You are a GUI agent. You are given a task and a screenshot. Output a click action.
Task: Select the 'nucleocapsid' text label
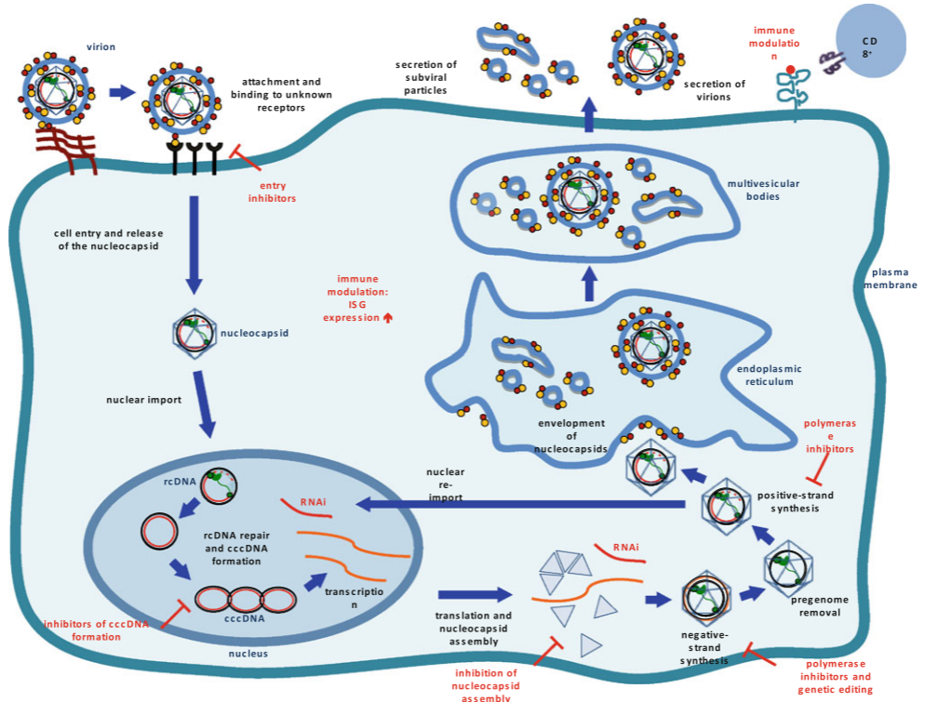point(254,332)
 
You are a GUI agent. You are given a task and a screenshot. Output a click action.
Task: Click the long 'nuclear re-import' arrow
point(521,505)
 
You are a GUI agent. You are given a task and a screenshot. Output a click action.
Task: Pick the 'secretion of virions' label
point(715,89)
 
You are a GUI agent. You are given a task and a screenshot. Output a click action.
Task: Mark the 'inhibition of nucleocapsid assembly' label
point(485,684)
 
